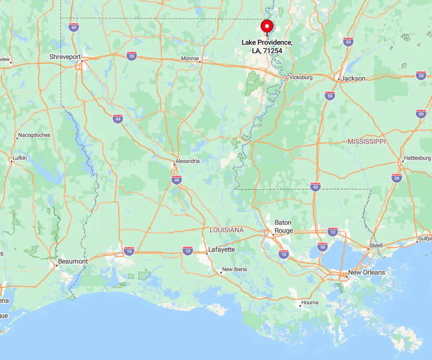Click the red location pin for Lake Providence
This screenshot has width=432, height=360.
(267, 26)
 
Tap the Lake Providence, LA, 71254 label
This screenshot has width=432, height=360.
(267, 46)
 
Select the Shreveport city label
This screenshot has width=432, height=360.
(65, 57)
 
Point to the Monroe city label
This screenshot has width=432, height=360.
(189, 59)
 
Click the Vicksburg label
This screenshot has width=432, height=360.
(301, 77)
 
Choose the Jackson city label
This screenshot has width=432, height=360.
(353, 78)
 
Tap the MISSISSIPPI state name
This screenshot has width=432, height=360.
(366, 141)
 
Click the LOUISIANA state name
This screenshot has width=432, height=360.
(226, 229)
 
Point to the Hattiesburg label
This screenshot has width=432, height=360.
(417, 158)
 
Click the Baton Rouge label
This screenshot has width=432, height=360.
(283, 226)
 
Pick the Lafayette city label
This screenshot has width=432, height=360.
(222, 250)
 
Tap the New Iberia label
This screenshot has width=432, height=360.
(234, 270)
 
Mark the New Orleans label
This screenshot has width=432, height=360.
(366, 272)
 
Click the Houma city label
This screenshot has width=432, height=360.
(310, 303)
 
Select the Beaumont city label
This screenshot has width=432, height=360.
(73, 261)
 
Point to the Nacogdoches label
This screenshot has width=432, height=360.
(35, 135)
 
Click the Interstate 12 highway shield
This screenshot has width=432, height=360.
(333, 231)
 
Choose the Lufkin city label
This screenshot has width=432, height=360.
(20, 158)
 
